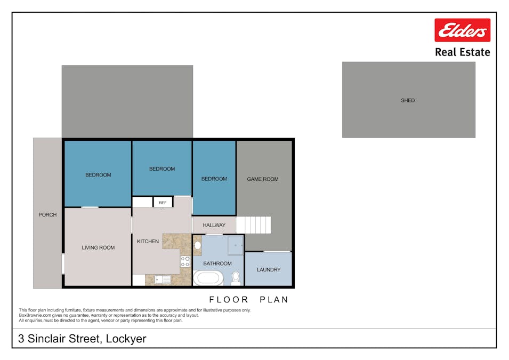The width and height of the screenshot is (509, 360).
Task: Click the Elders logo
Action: click(462, 30)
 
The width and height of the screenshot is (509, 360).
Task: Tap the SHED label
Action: click(408, 100)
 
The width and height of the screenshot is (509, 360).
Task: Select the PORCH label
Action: click(47, 215)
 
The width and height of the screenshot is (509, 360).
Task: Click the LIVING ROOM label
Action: click(98, 247)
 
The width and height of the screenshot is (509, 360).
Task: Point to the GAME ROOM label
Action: click(263, 179)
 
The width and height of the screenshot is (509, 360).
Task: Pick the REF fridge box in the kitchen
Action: click(163, 203)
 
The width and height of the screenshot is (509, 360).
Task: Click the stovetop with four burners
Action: click(185, 261)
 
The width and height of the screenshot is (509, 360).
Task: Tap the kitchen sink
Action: click(163, 279)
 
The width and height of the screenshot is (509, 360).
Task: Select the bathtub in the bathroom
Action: click(208, 278)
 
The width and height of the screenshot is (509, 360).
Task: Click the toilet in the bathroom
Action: click(236, 278)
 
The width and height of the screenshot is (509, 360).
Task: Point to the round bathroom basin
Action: click(197, 245)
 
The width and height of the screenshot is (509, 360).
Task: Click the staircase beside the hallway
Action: click(254, 225)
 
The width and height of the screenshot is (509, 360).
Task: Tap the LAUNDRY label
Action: click(269, 270)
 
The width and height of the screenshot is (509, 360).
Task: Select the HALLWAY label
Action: click(214, 225)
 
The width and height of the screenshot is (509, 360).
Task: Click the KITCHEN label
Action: click(148, 242)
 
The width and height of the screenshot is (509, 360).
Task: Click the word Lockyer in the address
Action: click(126, 339)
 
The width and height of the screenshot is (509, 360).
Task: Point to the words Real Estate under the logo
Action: click(462, 52)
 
